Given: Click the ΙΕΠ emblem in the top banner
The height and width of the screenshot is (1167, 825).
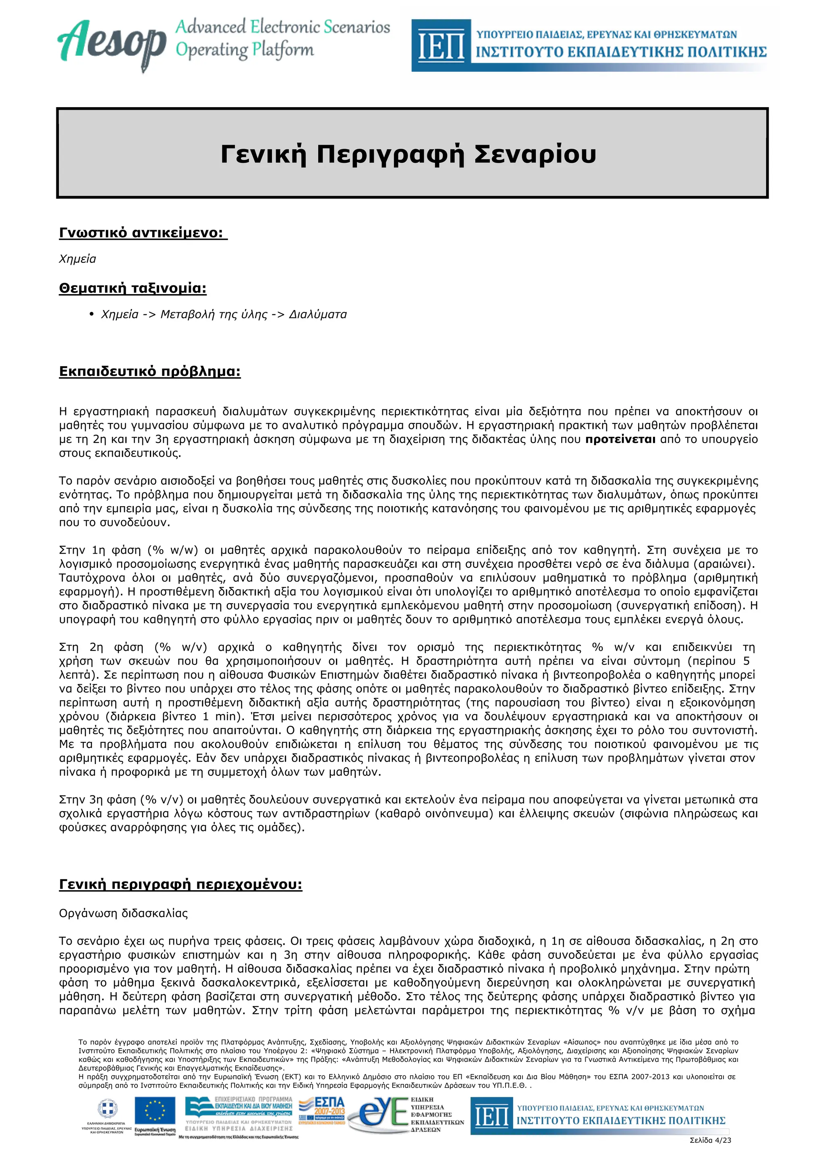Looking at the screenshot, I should pos(440,46).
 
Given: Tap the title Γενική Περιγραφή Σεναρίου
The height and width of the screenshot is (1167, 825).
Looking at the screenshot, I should pos(408,154).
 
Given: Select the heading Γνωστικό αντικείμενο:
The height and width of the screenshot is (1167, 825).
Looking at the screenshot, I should pos(143,233).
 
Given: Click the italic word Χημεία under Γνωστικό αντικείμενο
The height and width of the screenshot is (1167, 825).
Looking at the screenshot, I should pos(77,259).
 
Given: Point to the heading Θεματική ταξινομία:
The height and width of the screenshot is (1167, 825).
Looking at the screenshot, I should pos(133,288).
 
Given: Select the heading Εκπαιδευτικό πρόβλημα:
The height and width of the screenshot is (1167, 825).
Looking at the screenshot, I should pos(150,371).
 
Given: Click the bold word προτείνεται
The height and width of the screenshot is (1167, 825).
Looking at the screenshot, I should pos(620,439).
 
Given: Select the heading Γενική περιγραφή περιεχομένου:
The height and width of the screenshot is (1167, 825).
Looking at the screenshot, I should pos(180,885).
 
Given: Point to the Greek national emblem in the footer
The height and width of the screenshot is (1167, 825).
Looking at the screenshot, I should pos(107,1108).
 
